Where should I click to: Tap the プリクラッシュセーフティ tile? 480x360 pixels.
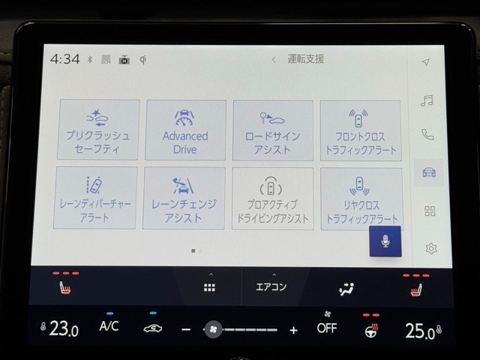(97, 130)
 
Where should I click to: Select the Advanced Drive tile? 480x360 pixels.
(185, 130)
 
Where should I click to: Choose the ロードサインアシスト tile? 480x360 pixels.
(273, 130)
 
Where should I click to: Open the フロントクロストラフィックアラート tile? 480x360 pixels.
(361, 130)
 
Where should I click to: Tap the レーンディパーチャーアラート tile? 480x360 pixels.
(95, 197)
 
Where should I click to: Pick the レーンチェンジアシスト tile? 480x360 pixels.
(184, 197)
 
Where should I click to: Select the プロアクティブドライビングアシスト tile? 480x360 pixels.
(272, 197)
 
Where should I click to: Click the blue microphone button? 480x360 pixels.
(385, 242)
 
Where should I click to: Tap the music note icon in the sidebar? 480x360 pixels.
(427, 100)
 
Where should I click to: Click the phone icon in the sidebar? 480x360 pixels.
(427, 135)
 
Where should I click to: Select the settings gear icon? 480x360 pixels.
(430, 248)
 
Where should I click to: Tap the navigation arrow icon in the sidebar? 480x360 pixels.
(426, 62)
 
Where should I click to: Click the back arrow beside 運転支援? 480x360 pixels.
(274, 59)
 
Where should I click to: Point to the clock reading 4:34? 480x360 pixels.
(65, 59)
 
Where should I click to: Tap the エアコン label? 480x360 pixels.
(271, 287)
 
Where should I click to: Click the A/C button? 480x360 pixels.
(109, 326)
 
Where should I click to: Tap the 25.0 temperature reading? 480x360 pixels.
(419, 330)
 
